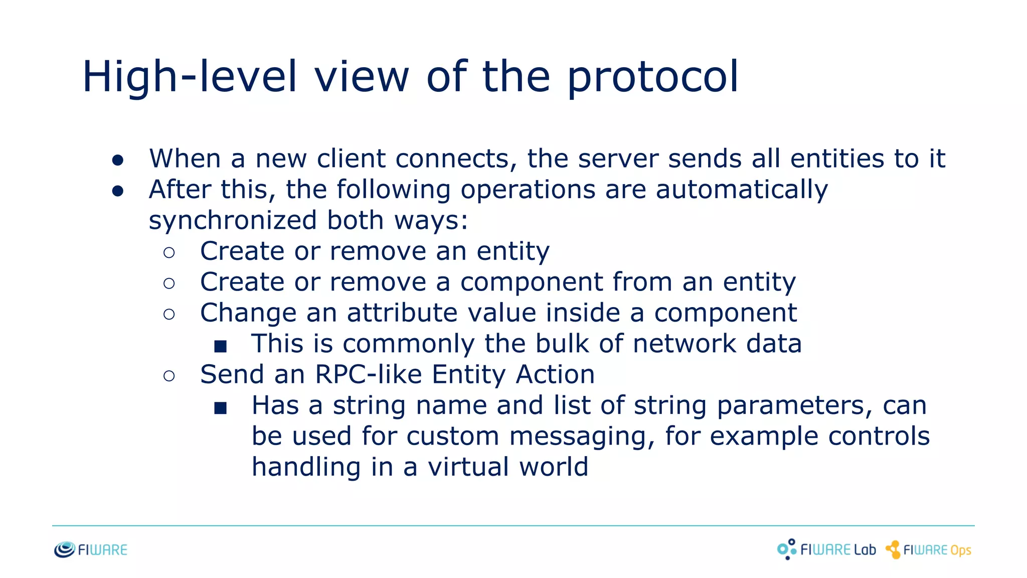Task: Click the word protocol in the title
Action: point(653,77)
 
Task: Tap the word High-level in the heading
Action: point(190,77)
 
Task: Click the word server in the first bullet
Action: point(618,159)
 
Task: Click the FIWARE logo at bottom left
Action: point(91,550)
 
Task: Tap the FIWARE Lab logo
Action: point(826,549)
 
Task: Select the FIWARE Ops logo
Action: point(929,550)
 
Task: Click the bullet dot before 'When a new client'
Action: point(118,160)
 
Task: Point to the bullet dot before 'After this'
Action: point(118,191)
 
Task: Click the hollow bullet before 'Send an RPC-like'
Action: point(169,376)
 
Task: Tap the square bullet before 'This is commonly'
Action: point(221,346)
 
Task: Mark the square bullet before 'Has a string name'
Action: point(221,407)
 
